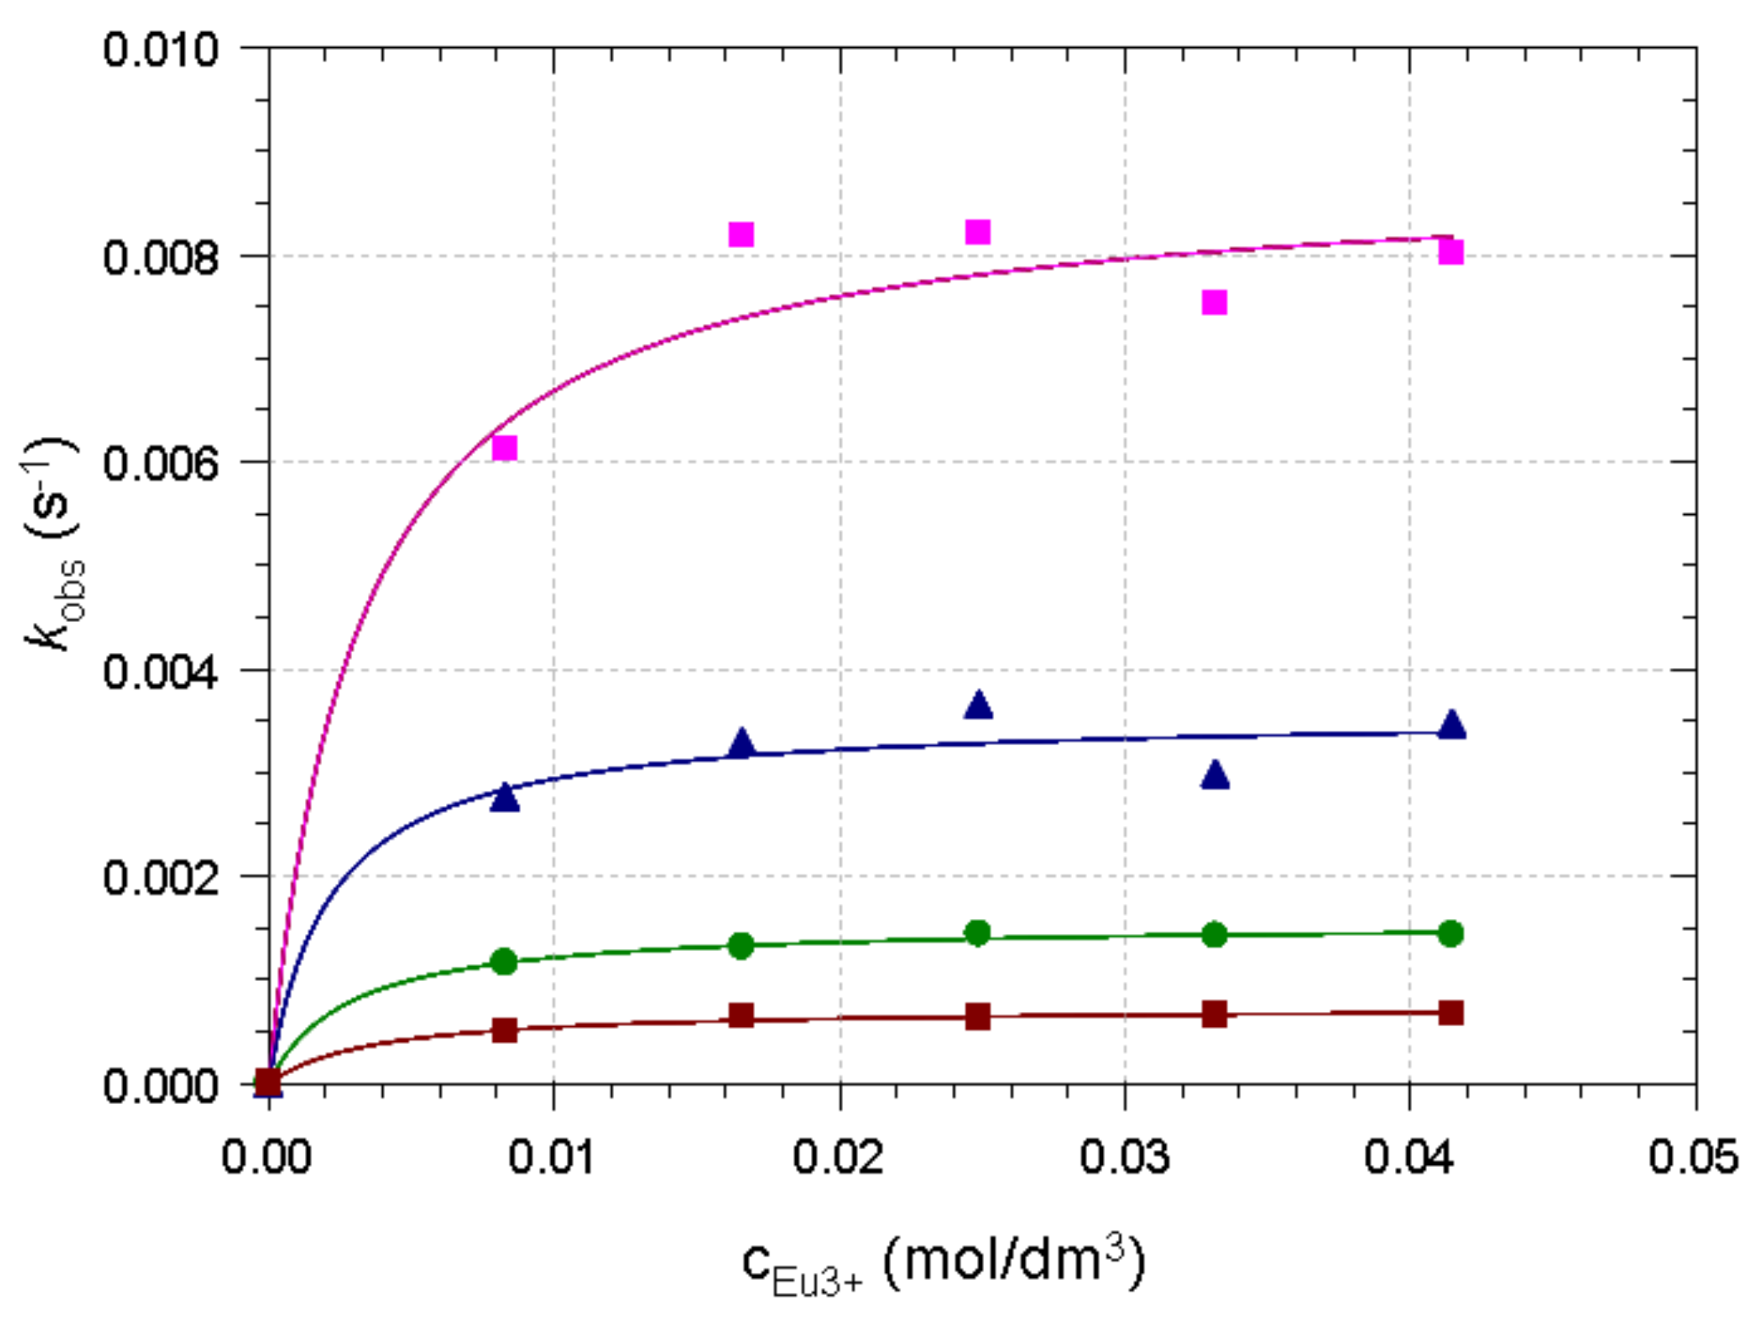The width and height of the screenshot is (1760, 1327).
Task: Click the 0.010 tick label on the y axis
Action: click(161, 49)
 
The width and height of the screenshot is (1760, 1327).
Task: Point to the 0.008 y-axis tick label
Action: click(161, 258)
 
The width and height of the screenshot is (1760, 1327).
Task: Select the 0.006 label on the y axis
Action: click(161, 463)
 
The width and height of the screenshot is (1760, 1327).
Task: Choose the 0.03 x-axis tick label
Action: click(1124, 1156)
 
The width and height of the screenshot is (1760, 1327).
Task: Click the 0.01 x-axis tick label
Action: click(552, 1156)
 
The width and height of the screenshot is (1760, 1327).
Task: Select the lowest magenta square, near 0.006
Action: click(505, 448)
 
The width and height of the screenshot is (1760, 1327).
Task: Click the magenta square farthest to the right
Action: click(1450, 252)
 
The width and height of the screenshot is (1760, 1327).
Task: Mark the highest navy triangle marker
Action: click(978, 705)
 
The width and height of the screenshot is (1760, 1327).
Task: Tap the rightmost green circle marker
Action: click(1450, 933)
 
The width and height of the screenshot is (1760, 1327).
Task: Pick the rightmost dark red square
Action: click(1450, 1013)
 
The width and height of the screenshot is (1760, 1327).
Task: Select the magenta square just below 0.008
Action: click(1214, 302)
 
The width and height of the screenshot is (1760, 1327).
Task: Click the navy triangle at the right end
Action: click(1452, 725)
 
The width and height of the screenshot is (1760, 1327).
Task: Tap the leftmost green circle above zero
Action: click(504, 962)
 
